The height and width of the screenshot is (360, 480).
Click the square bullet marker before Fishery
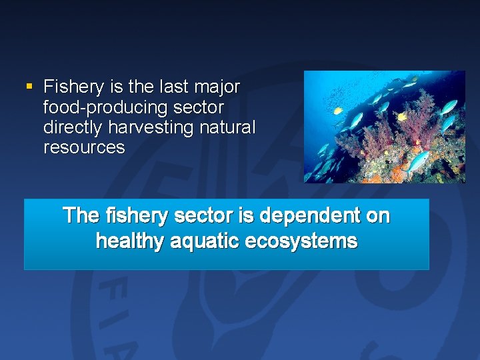pyautogui.click(x=28, y=86)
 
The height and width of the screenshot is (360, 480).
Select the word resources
pyautogui.click(x=84, y=147)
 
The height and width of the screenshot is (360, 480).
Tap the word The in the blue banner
pyautogui.click(x=81, y=216)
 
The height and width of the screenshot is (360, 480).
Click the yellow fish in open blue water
pyautogui.click(x=338, y=111)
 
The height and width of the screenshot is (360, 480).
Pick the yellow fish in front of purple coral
pyautogui.click(x=402, y=117)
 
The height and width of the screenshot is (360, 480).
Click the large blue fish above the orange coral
pyautogui.click(x=418, y=160)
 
